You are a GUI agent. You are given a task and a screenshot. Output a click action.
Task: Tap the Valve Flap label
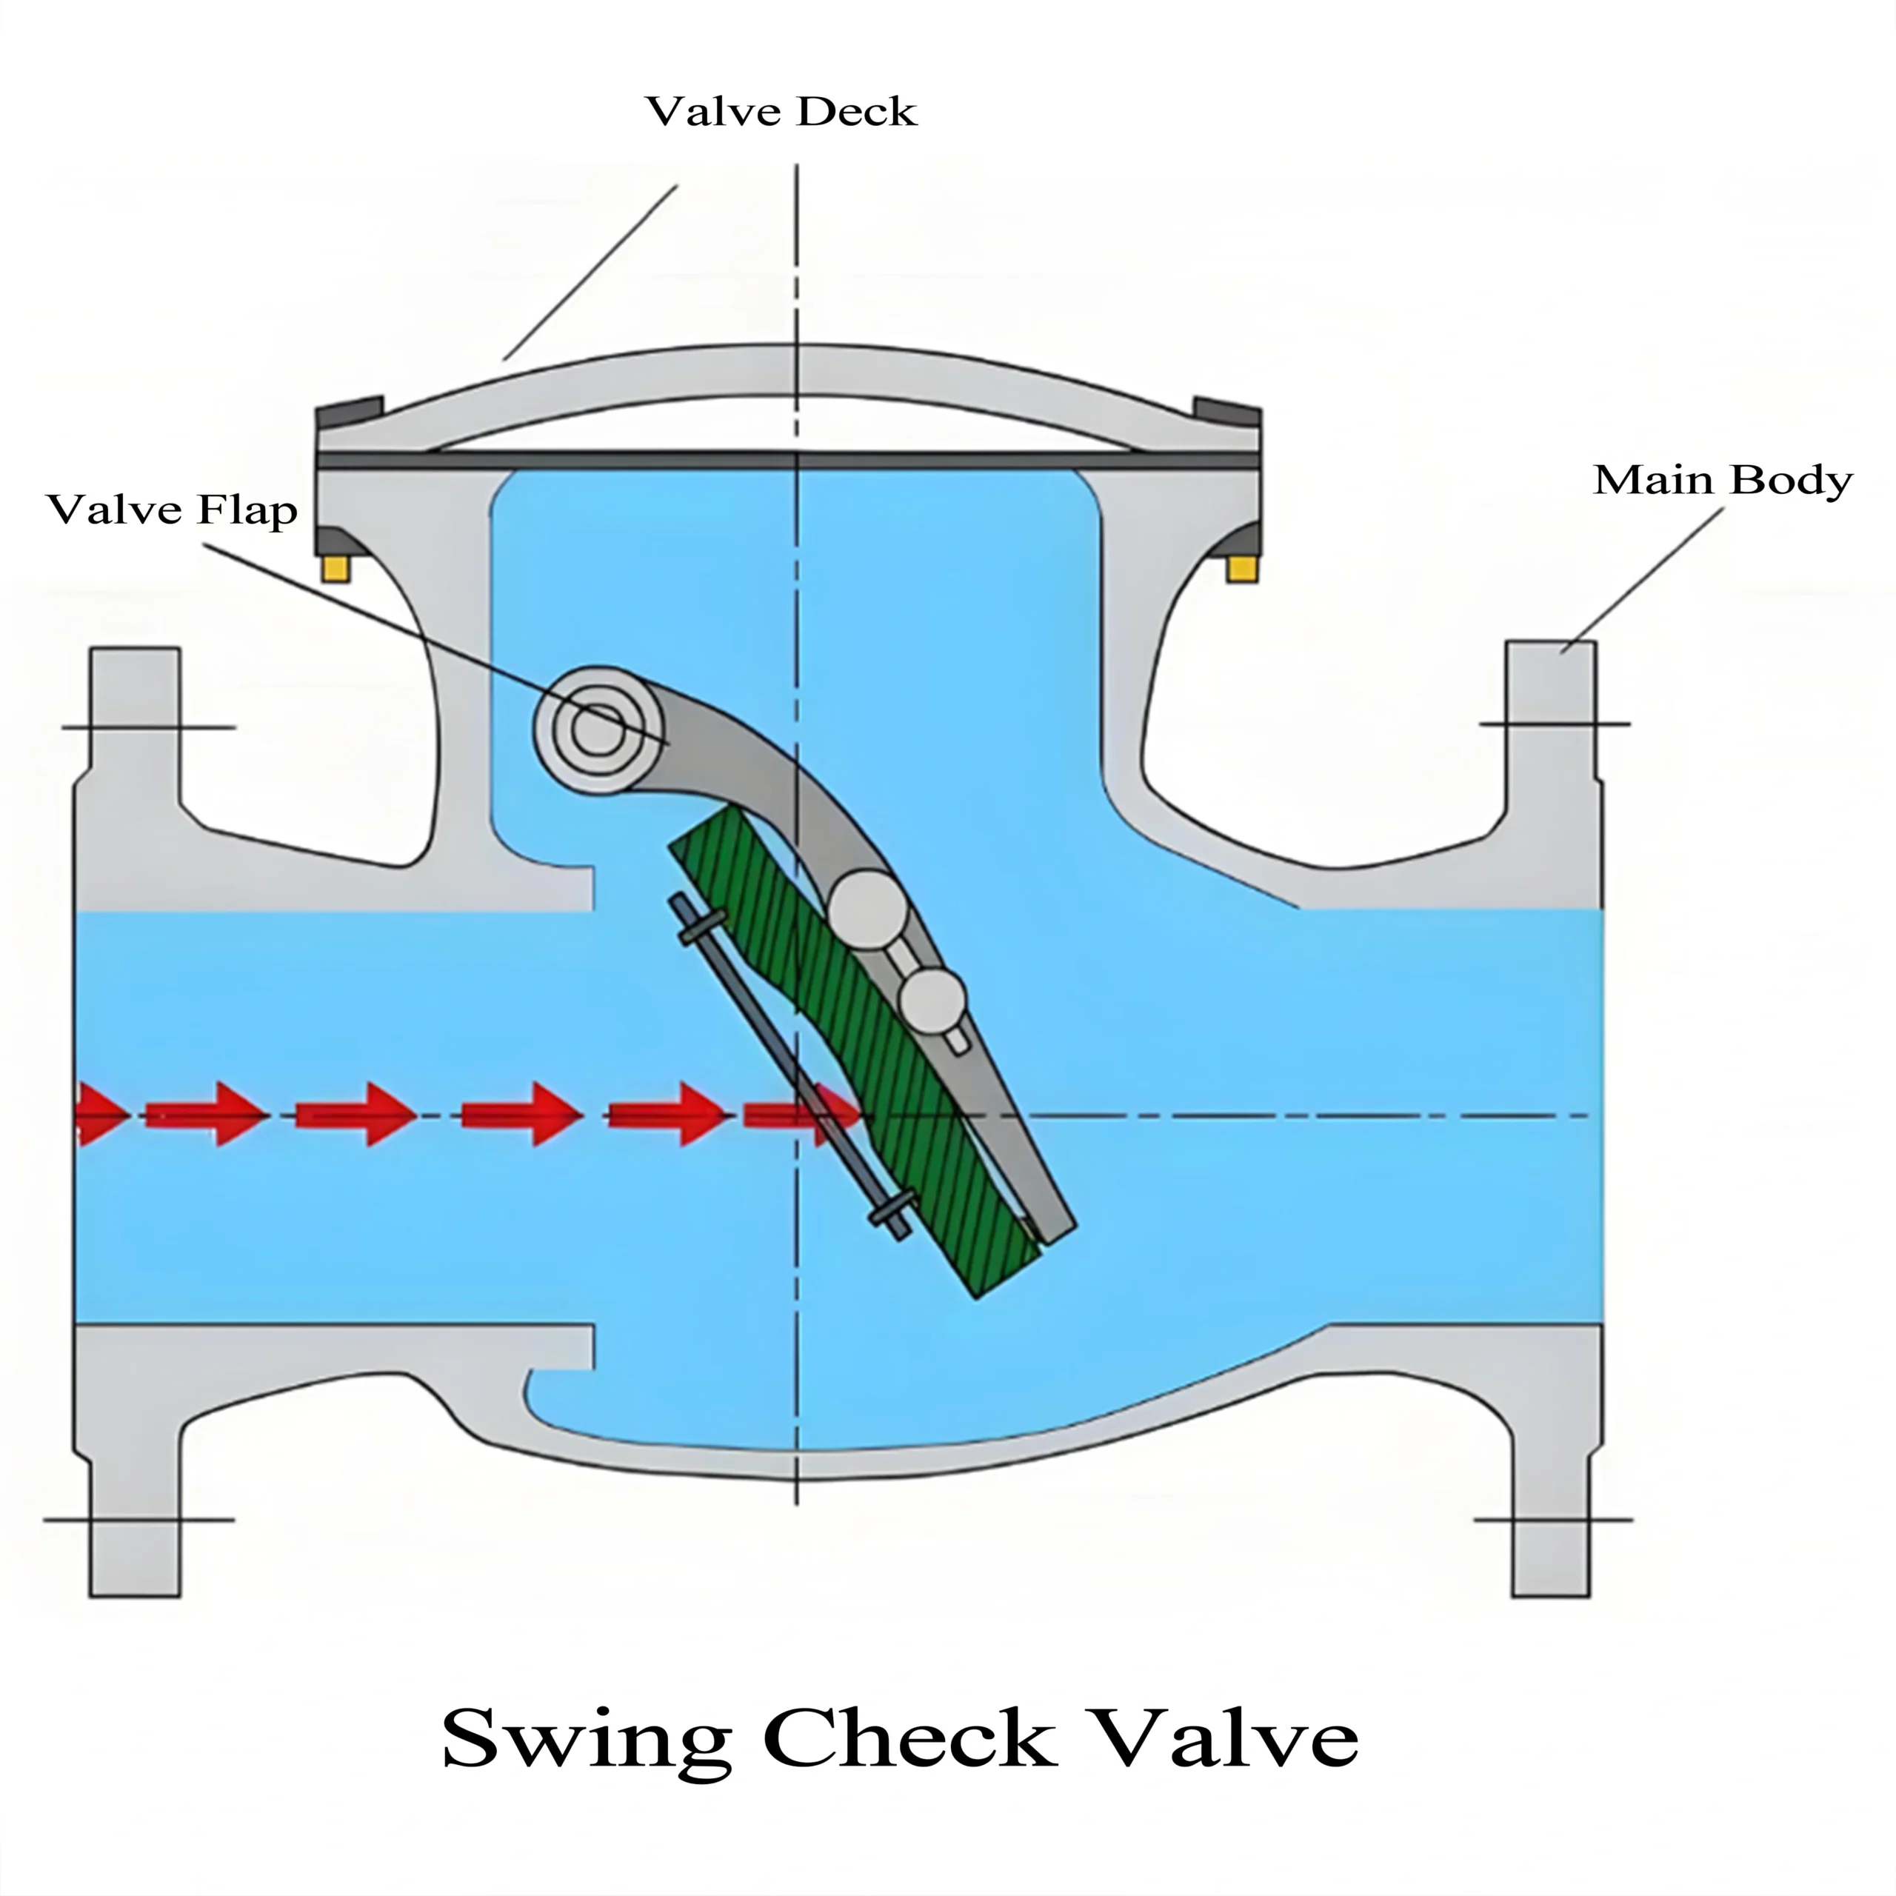click(x=172, y=510)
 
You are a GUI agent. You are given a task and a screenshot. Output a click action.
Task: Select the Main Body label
click(x=1722, y=480)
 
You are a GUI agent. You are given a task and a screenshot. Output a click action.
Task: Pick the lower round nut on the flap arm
click(x=932, y=998)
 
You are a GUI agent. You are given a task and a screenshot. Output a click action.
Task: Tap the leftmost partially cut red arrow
click(x=99, y=1115)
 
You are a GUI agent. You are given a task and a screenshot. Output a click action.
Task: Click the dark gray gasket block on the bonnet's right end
click(x=1226, y=410)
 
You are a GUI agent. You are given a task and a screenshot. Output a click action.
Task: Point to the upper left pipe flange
click(x=135, y=727)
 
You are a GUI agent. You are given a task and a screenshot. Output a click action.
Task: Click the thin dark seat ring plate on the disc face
click(x=785, y=1065)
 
